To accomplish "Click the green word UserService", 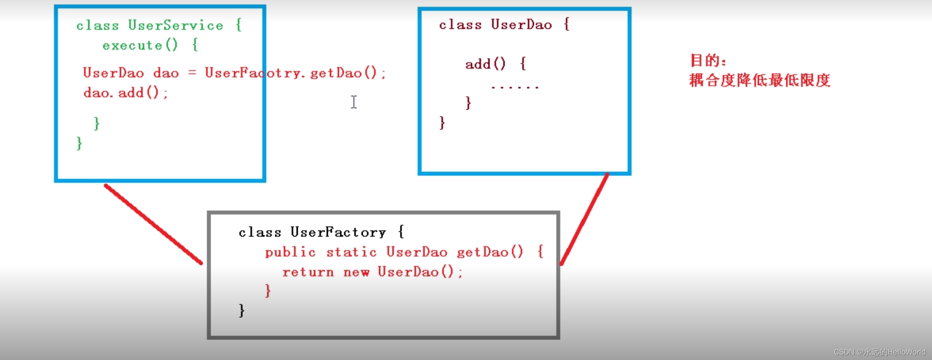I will pyautogui.click(x=176, y=26).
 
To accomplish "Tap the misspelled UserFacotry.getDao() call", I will pyautogui.click(x=295, y=73).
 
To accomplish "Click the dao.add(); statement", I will pyautogui.click(x=125, y=93).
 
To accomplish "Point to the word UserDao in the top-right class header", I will pyautogui.click(x=521, y=25).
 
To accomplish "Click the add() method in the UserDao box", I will pyautogui.click(x=485, y=64).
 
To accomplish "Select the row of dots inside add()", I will pyautogui.click(x=515, y=87).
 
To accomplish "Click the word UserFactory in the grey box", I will pyautogui.click(x=338, y=232).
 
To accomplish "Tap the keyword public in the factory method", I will pyautogui.click(x=290, y=252).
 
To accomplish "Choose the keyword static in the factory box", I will pyautogui.click(x=351, y=252).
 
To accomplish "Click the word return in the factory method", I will pyautogui.click(x=308, y=272).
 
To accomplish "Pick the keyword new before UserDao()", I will pyautogui.click(x=356, y=272).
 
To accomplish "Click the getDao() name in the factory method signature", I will pyautogui.click(x=490, y=252).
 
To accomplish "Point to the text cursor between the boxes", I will pyautogui.click(x=354, y=102).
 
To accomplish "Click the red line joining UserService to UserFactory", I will pyautogui.click(x=153, y=224).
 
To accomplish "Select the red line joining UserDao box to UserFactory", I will pyautogui.click(x=584, y=219).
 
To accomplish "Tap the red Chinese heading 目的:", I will pyautogui.click(x=708, y=61).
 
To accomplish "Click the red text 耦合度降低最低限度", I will pyautogui.click(x=759, y=80).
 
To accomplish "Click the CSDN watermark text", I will pyautogui.click(x=879, y=352).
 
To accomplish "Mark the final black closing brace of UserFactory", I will pyautogui.click(x=242, y=310).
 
